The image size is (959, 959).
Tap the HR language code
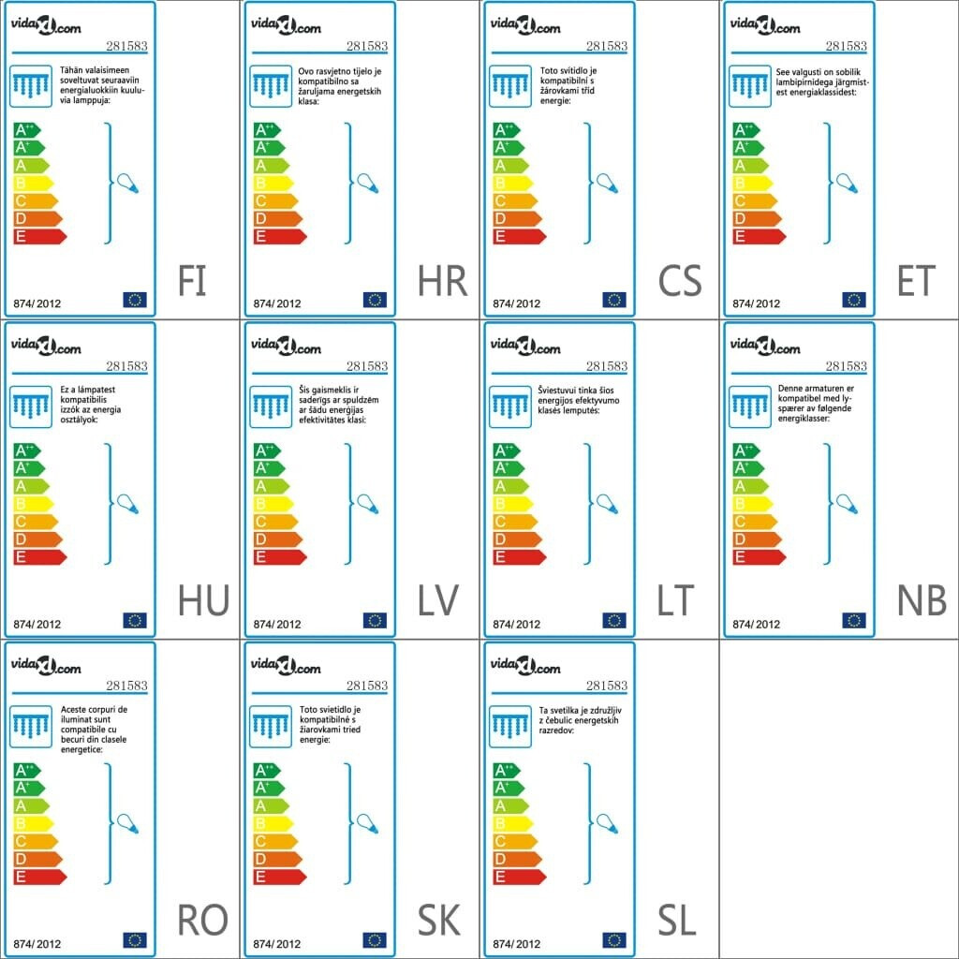pos(442,281)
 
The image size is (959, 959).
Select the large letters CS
pos(680,281)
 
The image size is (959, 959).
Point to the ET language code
pos(917,281)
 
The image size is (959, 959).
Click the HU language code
pos(203,601)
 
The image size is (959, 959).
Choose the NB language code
pos(922,601)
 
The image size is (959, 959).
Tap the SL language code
pos(676,922)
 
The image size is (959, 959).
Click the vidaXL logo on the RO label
pos(46,667)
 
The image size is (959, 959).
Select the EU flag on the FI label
pos(135,300)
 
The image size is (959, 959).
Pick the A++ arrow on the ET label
pos(747,129)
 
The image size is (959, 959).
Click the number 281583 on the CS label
pos(606,46)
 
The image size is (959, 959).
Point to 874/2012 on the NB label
pos(756,624)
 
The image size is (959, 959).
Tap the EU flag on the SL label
pos(614,939)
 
